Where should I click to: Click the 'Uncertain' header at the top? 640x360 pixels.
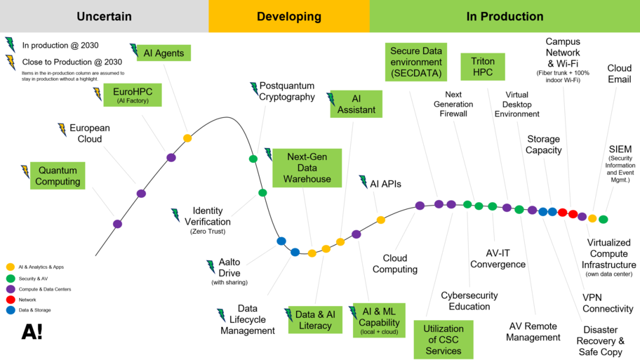(104, 16)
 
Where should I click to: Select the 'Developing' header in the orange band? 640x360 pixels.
(288, 16)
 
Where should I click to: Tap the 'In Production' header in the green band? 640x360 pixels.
(504, 16)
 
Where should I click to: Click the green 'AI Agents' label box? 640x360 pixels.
(164, 53)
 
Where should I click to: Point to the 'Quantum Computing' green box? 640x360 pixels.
(58, 176)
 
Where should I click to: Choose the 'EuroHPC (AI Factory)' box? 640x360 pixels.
(133, 95)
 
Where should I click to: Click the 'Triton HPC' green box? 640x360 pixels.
(483, 67)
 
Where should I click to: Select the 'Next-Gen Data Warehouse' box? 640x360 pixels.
(306, 168)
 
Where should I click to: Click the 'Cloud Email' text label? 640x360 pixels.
(619, 74)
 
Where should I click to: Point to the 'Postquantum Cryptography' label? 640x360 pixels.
(287, 91)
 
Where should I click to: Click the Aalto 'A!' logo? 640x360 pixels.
(32, 332)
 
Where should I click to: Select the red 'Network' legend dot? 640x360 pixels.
(10, 300)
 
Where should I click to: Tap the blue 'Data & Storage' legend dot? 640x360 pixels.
(10, 310)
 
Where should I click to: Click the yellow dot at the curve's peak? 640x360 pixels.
(187, 138)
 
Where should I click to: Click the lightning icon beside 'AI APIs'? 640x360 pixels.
(364, 182)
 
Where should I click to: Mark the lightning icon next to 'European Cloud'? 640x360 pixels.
(62, 129)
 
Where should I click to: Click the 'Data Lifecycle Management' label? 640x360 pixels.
(248, 319)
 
